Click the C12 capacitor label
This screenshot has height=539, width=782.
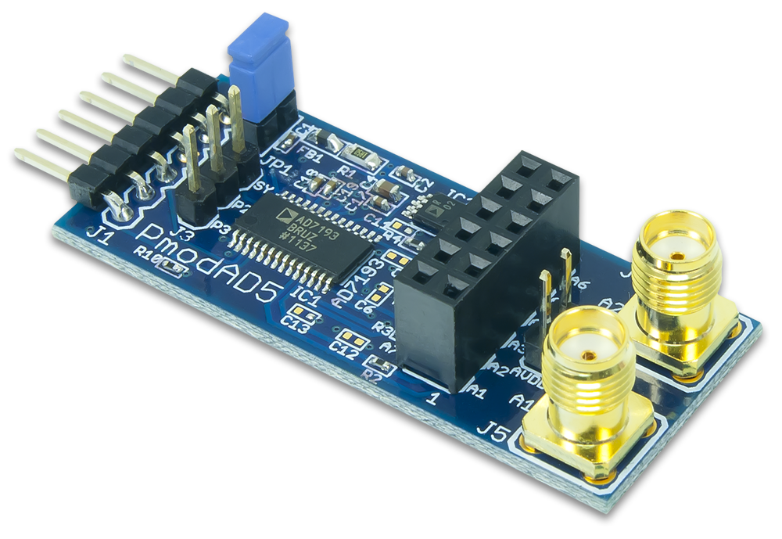(344, 344)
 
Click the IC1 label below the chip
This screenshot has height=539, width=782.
(300, 298)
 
